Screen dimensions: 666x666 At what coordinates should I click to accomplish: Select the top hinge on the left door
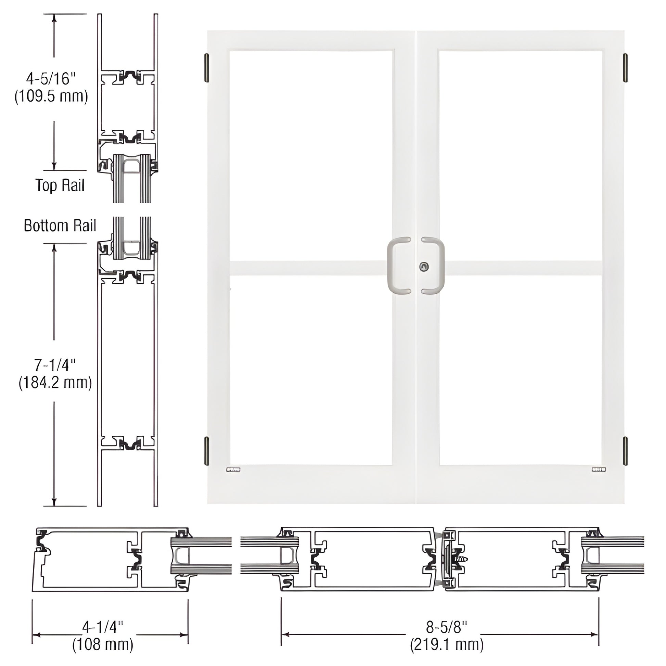(x=206, y=68)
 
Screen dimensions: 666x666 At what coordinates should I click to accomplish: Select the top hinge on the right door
(x=625, y=68)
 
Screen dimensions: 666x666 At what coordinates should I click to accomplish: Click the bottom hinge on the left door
(x=206, y=450)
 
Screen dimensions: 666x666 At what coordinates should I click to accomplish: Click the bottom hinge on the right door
(x=625, y=450)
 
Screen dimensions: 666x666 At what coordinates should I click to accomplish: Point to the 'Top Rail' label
(x=60, y=185)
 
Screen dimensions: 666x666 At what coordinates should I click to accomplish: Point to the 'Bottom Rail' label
(x=60, y=226)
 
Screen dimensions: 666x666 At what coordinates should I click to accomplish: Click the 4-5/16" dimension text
(x=51, y=79)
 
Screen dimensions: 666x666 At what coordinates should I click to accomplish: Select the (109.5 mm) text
(x=51, y=96)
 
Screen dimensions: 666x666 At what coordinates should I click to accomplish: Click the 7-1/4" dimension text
(x=55, y=365)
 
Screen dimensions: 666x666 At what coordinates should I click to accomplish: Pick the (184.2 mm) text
(x=55, y=383)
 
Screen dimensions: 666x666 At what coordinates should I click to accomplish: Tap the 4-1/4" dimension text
(x=103, y=627)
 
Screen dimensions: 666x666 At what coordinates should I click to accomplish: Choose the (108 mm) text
(x=103, y=644)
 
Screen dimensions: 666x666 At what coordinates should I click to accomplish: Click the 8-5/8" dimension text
(x=447, y=627)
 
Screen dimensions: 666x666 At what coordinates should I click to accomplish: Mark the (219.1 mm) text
(x=447, y=644)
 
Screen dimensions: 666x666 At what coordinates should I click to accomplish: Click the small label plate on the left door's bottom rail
(x=233, y=469)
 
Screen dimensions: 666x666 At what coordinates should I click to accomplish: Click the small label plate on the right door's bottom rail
(x=599, y=469)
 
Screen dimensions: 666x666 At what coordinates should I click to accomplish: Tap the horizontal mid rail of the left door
(x=307, y=268)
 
